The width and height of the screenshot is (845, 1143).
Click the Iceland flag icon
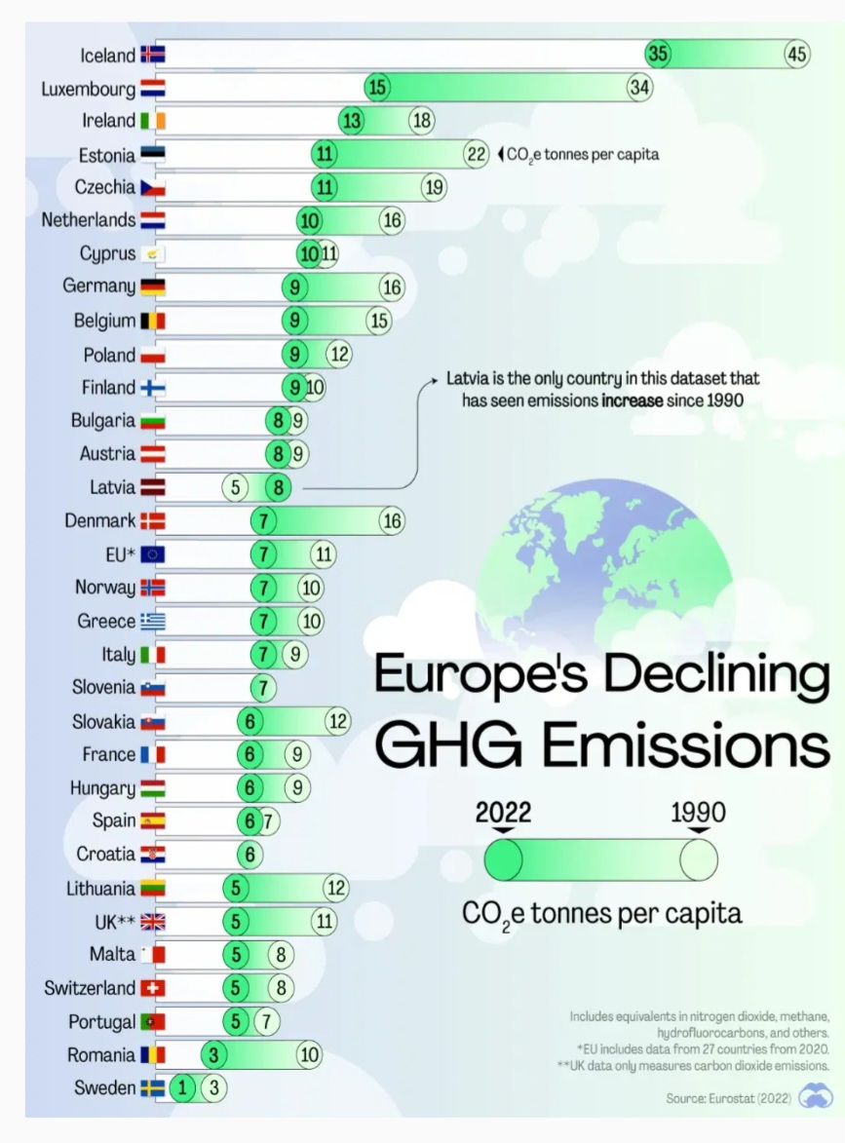point(153,55)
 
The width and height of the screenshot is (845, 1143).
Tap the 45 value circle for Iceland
point(796,55)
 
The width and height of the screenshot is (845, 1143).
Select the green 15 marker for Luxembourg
point(377,88)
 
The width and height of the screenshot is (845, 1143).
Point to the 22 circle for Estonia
point(476,154)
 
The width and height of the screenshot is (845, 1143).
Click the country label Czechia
point(105,187)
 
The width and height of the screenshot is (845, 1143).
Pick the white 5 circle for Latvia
point(234,487)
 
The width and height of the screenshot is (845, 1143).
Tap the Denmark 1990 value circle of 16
point(392,520)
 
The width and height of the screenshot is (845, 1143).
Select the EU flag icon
point(153,554)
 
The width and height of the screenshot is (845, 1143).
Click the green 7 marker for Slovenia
point(263,687)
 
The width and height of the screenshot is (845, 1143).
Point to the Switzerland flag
point(153,988)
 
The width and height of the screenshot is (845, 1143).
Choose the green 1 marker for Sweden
point(181,1088)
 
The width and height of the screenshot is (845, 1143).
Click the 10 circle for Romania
point(309,1054)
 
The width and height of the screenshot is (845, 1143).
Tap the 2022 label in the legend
point(503,813)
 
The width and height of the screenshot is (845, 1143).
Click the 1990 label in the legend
point(698,813)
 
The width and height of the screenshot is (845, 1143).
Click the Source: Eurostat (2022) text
point(728,1098)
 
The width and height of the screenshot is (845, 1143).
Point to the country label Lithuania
point(100,888)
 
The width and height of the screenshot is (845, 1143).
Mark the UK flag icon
point(153,922)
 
